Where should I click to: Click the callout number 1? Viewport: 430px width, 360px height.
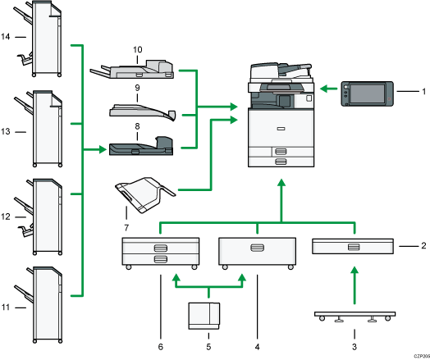(423, 90)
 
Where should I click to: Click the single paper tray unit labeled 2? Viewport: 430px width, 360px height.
(355, 246)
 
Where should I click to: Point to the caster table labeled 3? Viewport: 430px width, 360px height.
(355, 315)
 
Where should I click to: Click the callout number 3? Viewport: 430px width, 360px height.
(355, 335)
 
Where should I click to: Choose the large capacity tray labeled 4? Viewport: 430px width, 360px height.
(256, 250)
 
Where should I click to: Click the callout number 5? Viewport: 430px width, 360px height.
(208, 335)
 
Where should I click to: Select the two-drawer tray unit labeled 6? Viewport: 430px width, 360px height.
(160, 252)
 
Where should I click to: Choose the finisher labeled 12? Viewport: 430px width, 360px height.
(48, 215)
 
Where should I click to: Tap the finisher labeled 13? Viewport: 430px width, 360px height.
(48, 130)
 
